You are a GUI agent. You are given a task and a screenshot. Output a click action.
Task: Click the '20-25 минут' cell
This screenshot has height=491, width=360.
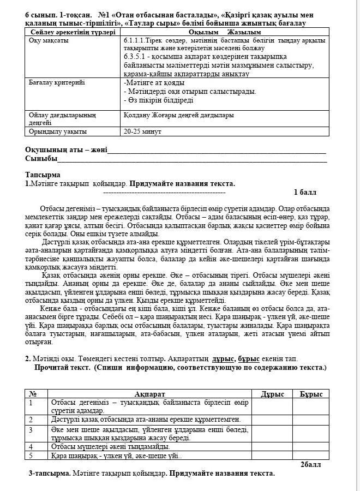click(139, 131)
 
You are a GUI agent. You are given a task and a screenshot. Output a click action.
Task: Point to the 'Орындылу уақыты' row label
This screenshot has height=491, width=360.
click(57, 131)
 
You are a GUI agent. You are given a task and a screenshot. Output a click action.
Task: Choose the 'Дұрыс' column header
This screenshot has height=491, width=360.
click(272, 394)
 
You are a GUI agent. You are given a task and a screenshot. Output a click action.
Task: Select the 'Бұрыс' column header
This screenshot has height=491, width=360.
click(311, 394)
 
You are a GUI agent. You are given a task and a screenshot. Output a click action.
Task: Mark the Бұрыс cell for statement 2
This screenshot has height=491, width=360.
click(311, 420)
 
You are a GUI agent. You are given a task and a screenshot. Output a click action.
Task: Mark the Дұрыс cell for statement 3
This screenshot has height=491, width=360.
click(272, 433)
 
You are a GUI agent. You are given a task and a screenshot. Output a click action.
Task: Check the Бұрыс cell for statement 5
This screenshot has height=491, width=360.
click(311, 456)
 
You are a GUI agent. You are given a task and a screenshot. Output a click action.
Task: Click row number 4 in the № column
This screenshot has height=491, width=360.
click(31, 447)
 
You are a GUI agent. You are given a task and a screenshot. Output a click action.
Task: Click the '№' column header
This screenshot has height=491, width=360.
click(32, 394)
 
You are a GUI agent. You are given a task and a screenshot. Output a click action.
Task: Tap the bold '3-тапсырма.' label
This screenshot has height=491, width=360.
click(50, 473)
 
